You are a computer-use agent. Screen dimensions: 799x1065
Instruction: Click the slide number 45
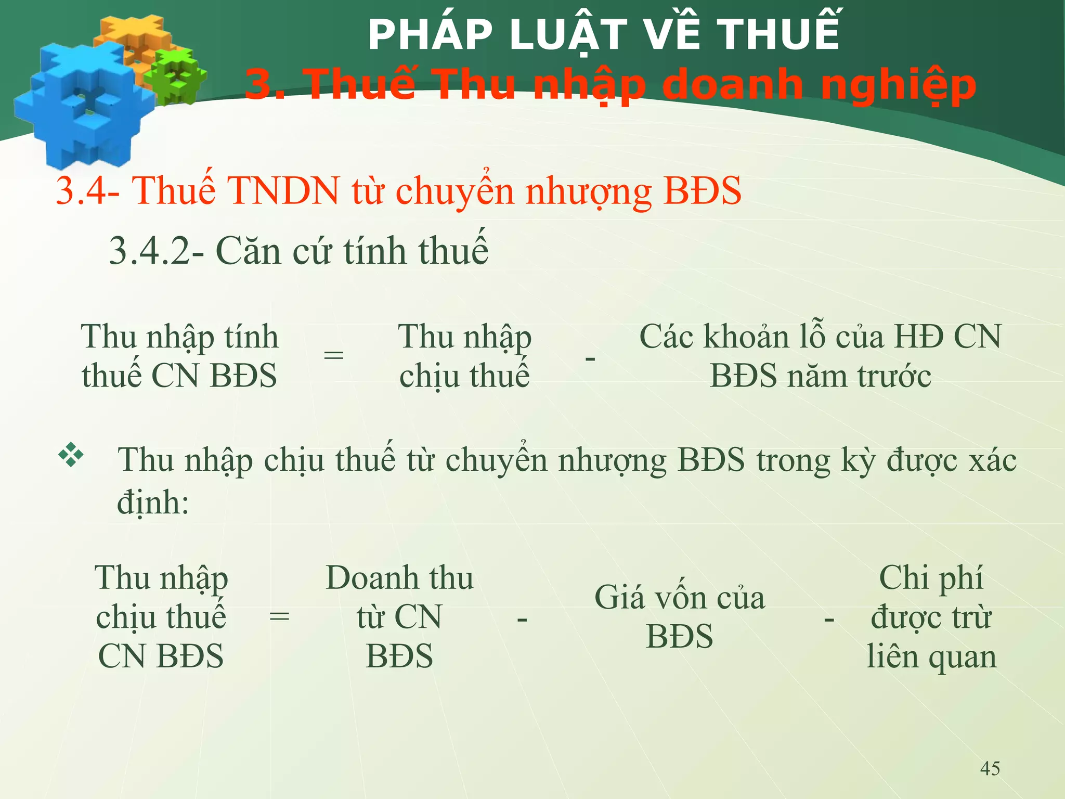pos(990,768)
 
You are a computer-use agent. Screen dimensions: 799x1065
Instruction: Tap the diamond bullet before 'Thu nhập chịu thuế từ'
pos(71,455)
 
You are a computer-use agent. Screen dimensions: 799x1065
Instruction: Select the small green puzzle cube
pos(176,75)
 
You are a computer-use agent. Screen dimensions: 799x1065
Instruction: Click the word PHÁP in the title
pos(430,35)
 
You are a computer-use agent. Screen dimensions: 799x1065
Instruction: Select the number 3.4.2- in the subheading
pos(156,251)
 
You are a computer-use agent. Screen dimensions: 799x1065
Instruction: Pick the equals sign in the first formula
pos(333,356)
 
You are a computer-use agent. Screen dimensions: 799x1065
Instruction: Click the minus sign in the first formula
pos(590,358)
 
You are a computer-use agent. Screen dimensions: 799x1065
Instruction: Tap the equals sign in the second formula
pos(279,617)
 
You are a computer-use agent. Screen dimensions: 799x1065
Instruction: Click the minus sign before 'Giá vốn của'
pos(522,619)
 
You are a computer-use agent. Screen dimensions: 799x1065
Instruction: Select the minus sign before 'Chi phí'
pos(829,619)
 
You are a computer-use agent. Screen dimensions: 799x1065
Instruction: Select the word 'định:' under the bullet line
pos(152,502)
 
